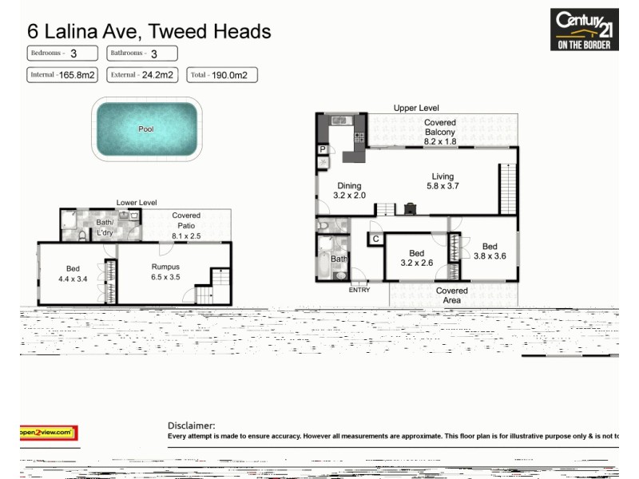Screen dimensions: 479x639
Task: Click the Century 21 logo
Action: (x=584, y=30)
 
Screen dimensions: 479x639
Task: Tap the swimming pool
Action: (x=146, y=128)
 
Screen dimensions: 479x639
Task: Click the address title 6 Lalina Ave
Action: (x=149, y=31)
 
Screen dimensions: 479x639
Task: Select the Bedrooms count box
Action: (x=62, y=53)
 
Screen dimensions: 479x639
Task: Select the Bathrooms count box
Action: (x=142, y=53)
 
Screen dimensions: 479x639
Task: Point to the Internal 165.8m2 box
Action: (x=62, y=76)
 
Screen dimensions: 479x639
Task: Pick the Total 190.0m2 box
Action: (x=222, y=76)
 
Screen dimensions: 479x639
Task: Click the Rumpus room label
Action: (x=165, y=272)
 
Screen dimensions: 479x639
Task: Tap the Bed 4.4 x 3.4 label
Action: (x=72, y=273)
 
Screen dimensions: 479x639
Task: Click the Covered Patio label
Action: (x=186, y=226)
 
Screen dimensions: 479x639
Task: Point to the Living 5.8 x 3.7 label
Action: (x=443, y=181)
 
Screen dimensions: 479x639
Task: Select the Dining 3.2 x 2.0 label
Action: (x=349, y=190)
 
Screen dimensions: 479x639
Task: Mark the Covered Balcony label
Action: (x=440, y=132)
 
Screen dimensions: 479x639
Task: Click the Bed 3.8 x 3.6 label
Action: (x=490, y=251)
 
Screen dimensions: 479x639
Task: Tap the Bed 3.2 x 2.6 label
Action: (x=416, y=258)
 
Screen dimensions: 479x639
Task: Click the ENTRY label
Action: (x=359, y=290)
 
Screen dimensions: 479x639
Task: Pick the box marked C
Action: (x=375, y=239)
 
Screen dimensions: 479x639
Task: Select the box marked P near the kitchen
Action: (x=323, y=149)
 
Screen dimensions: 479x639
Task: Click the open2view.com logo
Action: (x=48, y=433)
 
